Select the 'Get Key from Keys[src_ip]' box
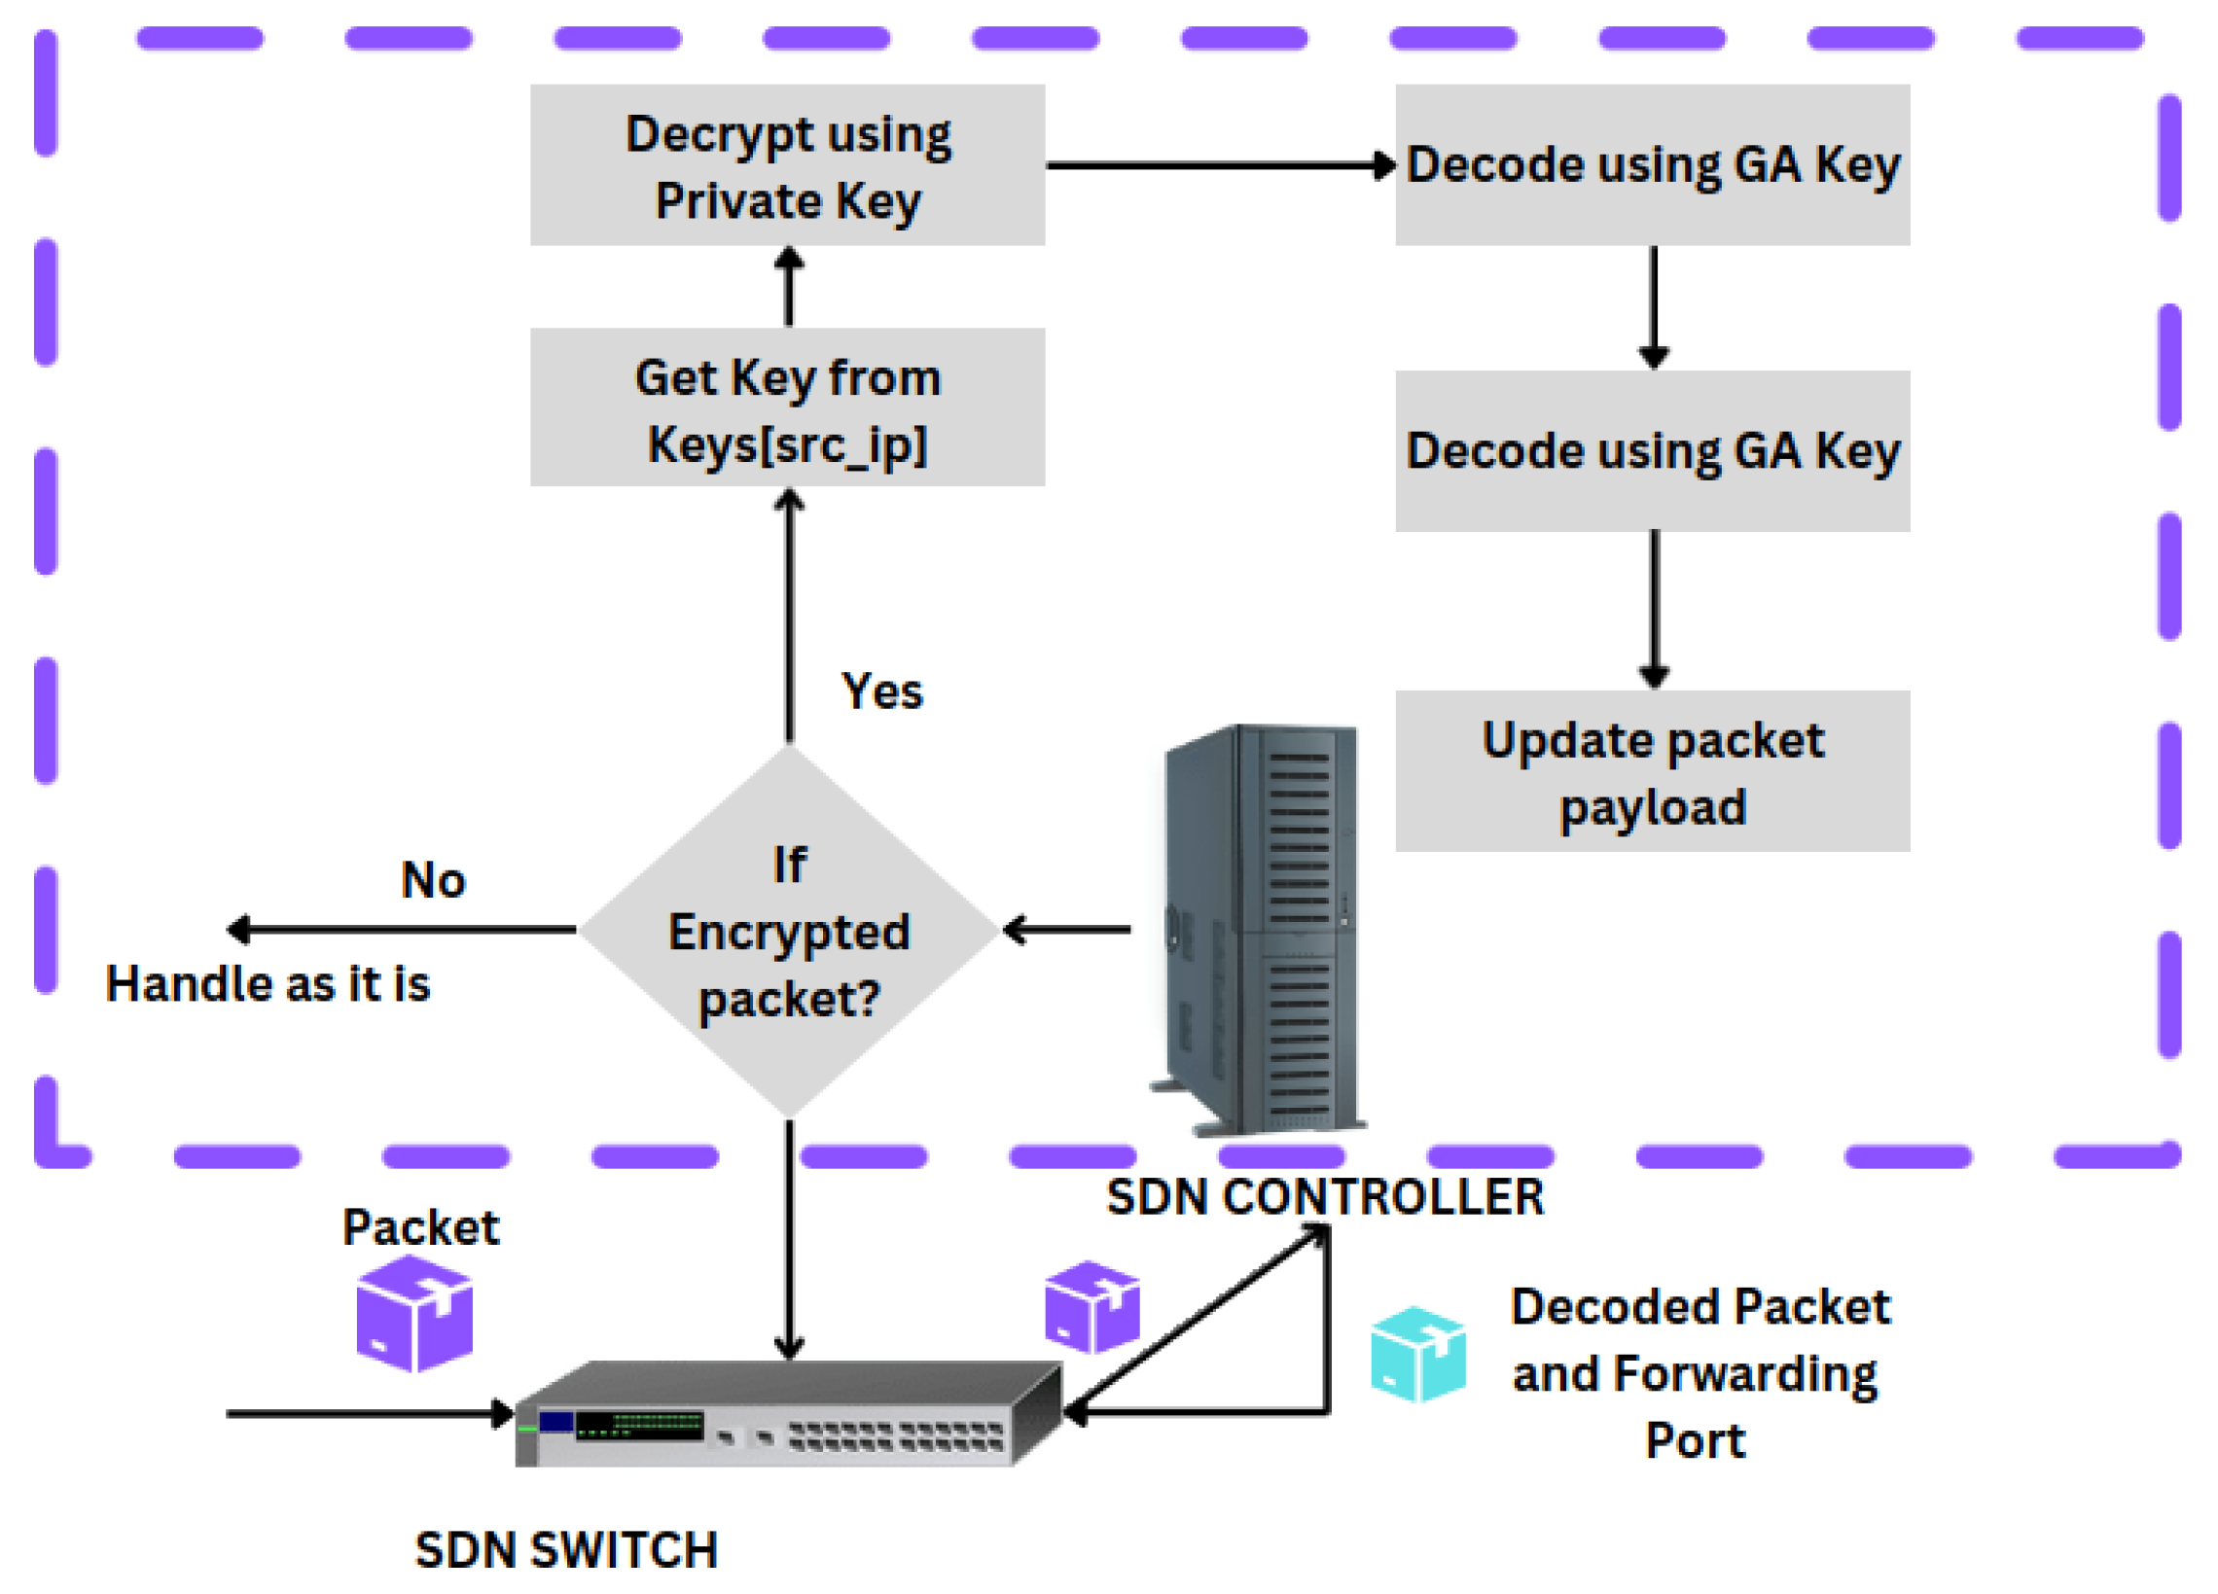pos(787,407)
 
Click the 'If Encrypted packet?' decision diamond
pos(788,931)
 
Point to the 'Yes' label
pos(881,691)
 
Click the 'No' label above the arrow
pos(433,879)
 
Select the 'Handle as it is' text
pos(268,983)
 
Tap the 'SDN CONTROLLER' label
pos(1324,1197)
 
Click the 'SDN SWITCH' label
pos(566,1550)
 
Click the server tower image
pos(1262,929)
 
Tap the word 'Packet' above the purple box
pos(420,1227)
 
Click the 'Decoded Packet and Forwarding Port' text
pos(1699,1373)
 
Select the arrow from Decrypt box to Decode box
pos(1218,165)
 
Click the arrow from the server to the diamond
pos(1066,929)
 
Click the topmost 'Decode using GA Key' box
pos(1652,164)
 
